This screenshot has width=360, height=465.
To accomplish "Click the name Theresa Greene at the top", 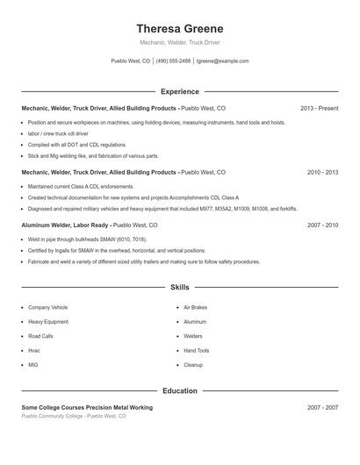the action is pyautogui.click(x=180, y=28).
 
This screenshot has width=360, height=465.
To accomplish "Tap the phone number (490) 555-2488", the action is pyautogui.click(x=173, y=61).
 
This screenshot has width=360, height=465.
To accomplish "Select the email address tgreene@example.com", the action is pyautogui.click(x=222, y=61).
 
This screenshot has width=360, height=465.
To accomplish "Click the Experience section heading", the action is pyautogui.click(x=180, y=91).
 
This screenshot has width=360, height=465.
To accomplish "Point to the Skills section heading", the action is pyautogui.click(x=180, y=287).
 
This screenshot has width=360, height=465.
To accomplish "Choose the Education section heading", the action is pyautogui.click(x=180, y=390).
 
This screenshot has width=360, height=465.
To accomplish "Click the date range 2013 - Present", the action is pyautogui.click(x=319, y=108).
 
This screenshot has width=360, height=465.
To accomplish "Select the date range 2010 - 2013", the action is pyautogui.click(x=322, y=173).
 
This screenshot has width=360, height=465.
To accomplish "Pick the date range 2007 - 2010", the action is pyautogui.click(x=322, y=225).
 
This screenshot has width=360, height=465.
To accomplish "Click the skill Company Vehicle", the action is pyautogui.click(x=47, y=308).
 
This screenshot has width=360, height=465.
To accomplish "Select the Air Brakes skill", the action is pyautogui.click(x=195, y=308).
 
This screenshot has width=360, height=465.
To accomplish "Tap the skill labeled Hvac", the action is pyautogui.click(x=34, y=350).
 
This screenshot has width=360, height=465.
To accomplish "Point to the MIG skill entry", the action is pyautogui.click(x=33, y=364).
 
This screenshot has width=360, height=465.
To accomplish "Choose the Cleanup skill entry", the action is pyautogui.click(x=193, y=364).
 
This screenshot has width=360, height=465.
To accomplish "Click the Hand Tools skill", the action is pyautogui.click(x=196, y=350).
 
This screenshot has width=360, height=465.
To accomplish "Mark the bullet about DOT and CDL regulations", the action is pyautogui.click(x=77, y=144).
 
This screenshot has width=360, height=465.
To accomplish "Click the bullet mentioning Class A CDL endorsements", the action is pyautogui.click(x=80, y=187).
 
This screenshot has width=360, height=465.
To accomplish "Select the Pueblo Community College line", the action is pyautogui.click(x=74, y=416).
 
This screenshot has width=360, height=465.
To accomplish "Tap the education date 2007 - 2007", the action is pyautogui.click(x=322, y=408).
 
